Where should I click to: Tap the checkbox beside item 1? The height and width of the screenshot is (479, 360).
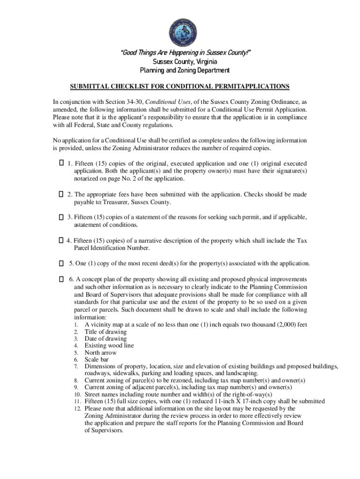[61, 163]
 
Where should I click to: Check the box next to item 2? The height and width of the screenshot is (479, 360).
[61, 194]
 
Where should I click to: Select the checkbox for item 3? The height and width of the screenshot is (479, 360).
[61, 217]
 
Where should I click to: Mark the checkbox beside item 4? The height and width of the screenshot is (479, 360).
[61, 240]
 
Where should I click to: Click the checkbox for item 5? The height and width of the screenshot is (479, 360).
[61, 263]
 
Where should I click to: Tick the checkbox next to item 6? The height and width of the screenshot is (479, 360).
[61, 279]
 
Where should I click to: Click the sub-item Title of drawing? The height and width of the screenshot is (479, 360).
[105, 332]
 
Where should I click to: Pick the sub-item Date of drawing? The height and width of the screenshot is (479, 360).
[105, 339]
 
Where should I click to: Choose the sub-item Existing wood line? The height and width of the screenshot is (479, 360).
[109, 346]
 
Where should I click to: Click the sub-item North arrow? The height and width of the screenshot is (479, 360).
[101, 353]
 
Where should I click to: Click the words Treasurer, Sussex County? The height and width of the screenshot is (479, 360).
[138, 202]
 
